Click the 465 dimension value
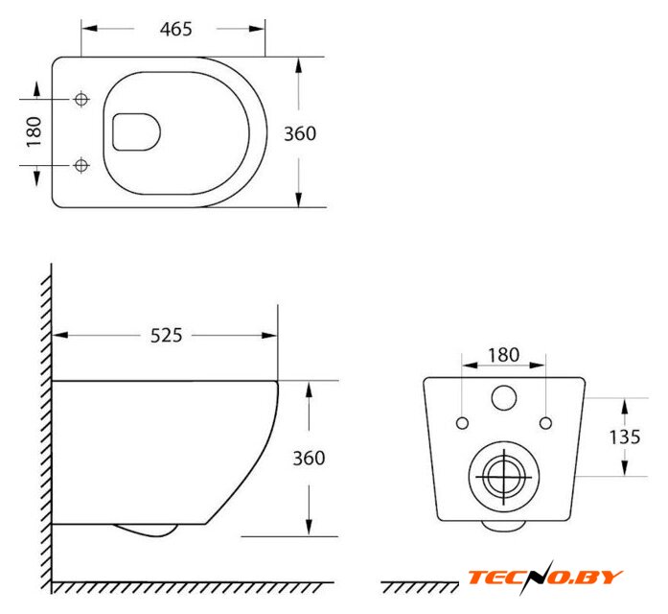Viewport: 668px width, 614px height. tap(176, 29)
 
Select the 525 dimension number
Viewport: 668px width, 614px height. tap(166, 336)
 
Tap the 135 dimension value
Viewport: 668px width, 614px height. tap(625, 437)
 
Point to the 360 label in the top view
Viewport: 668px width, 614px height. tap(300, 134)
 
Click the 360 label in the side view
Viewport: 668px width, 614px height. tap(309, 459)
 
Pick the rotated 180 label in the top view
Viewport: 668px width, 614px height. tap(35, 131)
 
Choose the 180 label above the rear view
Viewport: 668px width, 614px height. tap(503, 355)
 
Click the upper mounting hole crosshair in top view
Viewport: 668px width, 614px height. tap(81, 100)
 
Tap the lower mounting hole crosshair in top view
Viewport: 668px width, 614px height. tap(81, 165)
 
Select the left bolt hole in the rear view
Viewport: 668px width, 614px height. tap(462, 423)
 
